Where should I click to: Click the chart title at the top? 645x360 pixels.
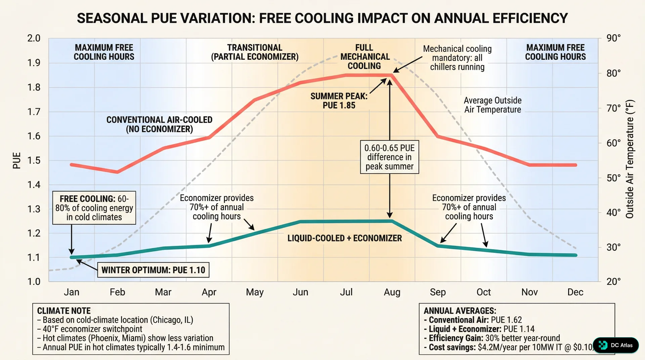pos(322,18)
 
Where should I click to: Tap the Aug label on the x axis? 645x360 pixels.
pos(392,292)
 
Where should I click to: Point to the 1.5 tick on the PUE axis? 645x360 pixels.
pos(34,161)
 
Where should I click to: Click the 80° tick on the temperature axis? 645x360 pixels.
pos(613,73)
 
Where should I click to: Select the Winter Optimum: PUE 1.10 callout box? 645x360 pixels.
pos(153,270)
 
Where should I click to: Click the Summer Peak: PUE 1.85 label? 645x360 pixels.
pos(339,101)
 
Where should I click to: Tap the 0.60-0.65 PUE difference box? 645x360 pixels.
pos(389,157)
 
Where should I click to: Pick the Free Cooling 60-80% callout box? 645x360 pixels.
pos(94,208)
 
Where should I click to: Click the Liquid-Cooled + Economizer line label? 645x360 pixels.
pos(344,238)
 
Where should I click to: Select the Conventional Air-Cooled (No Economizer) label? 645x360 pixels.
pos(159,124)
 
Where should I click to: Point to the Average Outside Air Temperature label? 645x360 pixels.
pos(492,105)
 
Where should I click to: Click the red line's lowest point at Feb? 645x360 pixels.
pos(117,172)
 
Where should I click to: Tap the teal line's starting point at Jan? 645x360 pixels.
pos(72,257)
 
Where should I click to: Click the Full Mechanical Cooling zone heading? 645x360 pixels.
pos(365,57)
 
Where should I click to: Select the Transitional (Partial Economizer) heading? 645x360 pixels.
pos(255,52)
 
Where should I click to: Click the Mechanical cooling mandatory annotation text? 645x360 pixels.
pos(457,58)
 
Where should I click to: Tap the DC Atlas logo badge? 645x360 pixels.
pos(616,345)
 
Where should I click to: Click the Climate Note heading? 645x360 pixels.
pos(64,311)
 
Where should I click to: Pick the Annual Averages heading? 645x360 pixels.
pos(460,311)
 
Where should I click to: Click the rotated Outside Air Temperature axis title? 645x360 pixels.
pos(630,159)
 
